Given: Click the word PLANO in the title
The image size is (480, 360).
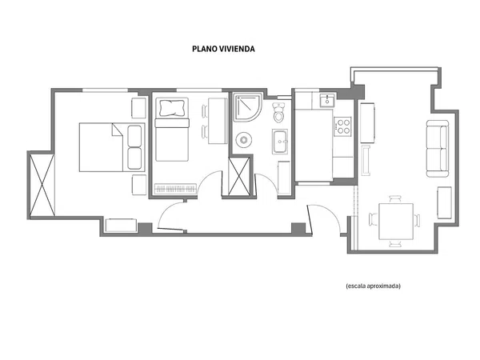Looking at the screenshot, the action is pyautogui.click(x=203, y=49).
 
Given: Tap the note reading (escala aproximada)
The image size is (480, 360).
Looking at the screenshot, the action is pyautogui.click(x=373, y=286).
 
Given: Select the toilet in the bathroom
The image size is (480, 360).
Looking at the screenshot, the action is pyautogui.click(x=278, y=113).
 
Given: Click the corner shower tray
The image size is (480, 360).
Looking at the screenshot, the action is pyautogui.click(x=247, y=107).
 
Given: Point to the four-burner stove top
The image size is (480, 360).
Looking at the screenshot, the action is pyautogui.click(x=343, y=126).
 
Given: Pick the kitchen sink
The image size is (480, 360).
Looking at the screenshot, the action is pyautogui.click(x=327, y=101).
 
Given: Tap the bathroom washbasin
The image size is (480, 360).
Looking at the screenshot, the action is pyautogui.click(x=280, y=142).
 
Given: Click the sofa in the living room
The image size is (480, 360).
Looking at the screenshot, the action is pyautogui.click(x=438, y=149).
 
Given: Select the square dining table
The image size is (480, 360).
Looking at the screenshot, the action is pyautogui.click(x=396, y=222).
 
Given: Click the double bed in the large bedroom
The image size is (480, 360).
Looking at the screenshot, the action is pyautogui.click(x=112, y=147).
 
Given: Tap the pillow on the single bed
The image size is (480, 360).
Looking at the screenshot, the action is pyautogui.click(x=172, y=108).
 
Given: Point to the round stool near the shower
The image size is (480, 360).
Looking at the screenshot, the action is pyautogui.click(x=244, y=140).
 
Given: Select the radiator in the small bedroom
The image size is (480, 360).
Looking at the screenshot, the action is pyautogui.click(x=175, y=189).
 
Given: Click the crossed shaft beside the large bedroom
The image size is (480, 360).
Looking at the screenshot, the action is pyautogui.click(x=42, y=185).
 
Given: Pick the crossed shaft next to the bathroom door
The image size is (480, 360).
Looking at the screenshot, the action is pyautogui.click(x=239, y=176).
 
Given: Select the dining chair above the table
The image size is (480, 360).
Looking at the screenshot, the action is pyautogui.click(x=395, y=199).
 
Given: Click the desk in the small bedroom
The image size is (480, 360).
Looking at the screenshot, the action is pyautogui.click(x=218, y=121).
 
